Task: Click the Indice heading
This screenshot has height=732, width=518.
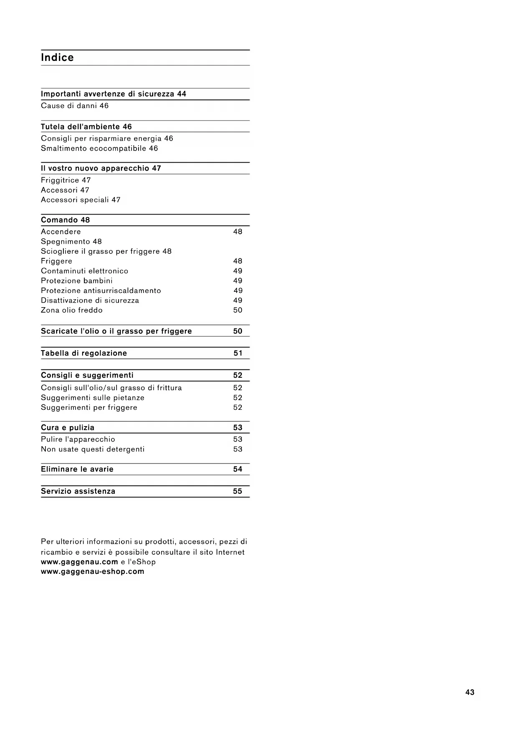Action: click(57, 58)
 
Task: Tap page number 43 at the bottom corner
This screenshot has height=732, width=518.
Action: click(470, 692)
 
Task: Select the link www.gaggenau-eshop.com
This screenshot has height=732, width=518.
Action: click(92, 572)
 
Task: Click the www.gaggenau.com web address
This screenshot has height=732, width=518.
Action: click(79, 562)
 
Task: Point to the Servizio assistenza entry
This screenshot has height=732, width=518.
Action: click(78, 491)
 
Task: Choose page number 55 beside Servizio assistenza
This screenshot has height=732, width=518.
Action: click(238, 491)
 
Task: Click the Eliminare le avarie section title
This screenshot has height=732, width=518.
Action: click(77, 469)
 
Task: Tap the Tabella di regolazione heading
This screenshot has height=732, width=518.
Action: click(84, 353)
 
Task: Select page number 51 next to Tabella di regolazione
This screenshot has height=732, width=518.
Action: click(238, 353)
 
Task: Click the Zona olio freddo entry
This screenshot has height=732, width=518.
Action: click(72, 310)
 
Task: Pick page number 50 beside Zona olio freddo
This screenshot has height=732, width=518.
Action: click(238, 310)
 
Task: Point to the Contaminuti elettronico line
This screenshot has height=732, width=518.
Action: click(85, 271)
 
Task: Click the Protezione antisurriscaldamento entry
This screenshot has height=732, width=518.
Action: click(101, 290)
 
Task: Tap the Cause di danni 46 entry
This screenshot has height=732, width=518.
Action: click(75, 106)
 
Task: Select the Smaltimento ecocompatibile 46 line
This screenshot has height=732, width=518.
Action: click(99, 148)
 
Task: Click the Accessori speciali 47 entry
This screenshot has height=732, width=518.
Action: click(81, 200)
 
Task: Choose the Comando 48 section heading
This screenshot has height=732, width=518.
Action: click(66, 220)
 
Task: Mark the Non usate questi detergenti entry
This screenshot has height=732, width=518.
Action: click(93, 449)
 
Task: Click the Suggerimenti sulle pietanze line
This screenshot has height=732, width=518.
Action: click(93, 398)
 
